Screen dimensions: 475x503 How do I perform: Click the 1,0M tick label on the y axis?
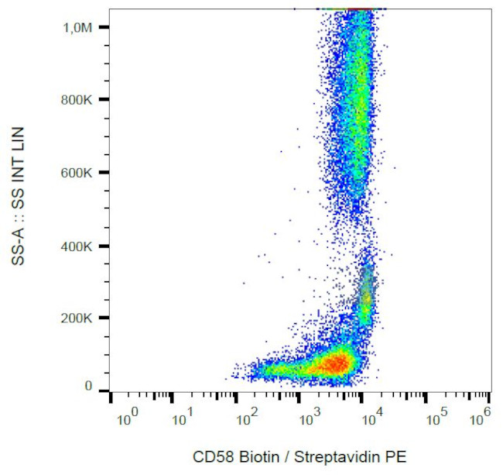77,27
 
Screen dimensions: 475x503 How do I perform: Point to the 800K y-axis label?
77,100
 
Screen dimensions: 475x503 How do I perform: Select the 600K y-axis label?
77,173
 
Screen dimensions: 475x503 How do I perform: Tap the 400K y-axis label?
77,246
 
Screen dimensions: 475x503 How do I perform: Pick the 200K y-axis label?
77,318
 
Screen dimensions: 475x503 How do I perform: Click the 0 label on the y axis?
88,387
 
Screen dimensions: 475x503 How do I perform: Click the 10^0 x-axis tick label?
127,421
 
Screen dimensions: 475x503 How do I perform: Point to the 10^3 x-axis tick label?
310,421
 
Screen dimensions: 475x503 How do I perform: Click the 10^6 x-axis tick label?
481,421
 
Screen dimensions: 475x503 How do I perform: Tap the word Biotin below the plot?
258,456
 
